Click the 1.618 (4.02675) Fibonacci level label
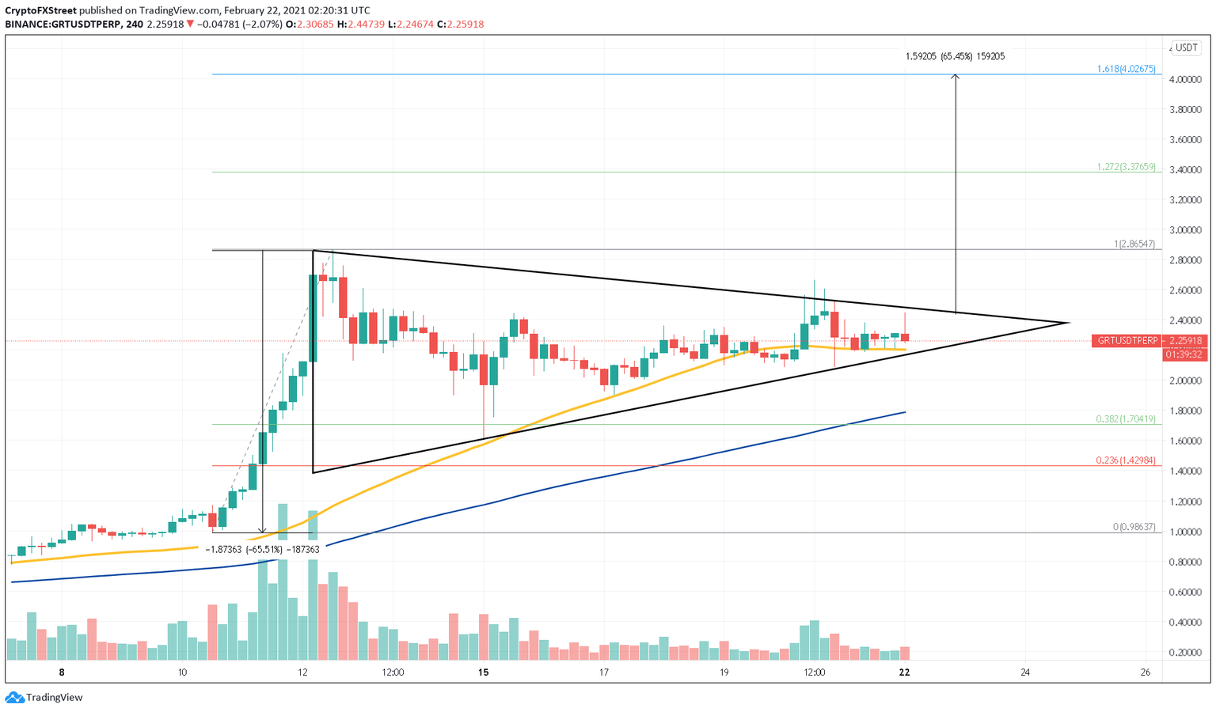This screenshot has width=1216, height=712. pyautogui.click(x=1126, y=70)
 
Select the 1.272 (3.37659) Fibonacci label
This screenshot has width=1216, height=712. pyautogui.click(x=1126, y=167)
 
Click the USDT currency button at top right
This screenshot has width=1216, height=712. pyautogui.click(x=1186, y=47)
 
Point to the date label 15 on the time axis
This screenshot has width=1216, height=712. pyautogui.click(x=484, y=672)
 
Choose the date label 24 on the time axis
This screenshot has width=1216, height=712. pyautogui.click(x=1025, y=672)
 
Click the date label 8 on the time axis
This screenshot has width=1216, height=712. pyautogui.click(x=62, y=672)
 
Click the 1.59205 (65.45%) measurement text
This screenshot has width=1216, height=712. pyautogui.click(x=955, y=57)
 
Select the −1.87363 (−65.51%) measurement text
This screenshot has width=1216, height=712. pyautogui.click(x=262, y=549)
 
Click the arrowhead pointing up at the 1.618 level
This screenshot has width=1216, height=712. pyautogui.click(x=956, y=77)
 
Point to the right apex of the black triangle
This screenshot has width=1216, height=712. pyautogui.click(x=1070, y=323)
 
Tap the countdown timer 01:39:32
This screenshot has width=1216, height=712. pyautogui.click(x=1183, y=355)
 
